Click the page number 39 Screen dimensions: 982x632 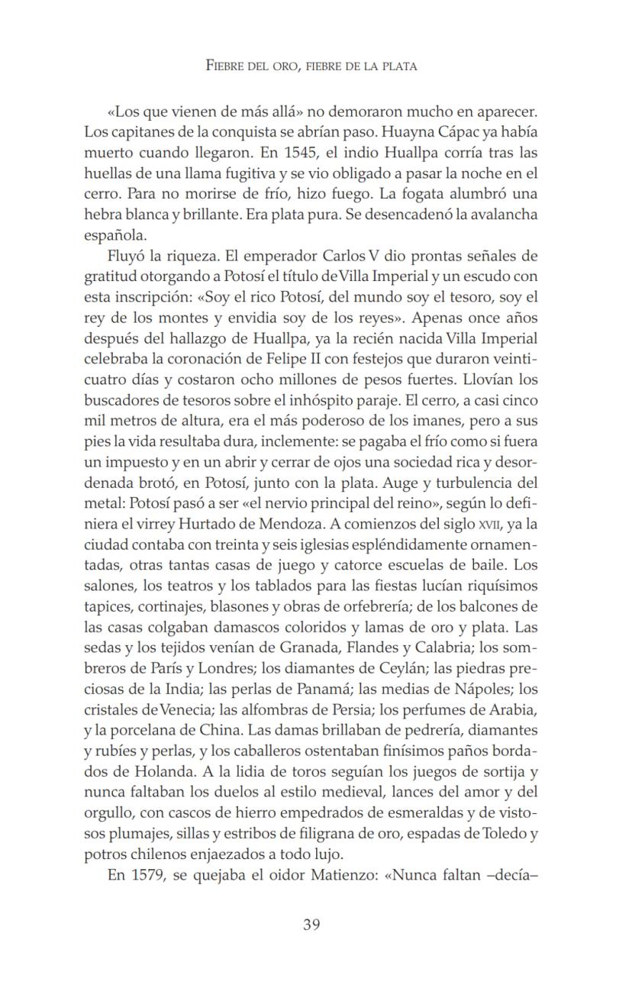tap(311, 925)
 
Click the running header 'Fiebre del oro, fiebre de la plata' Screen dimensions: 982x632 tap(311, 66)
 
